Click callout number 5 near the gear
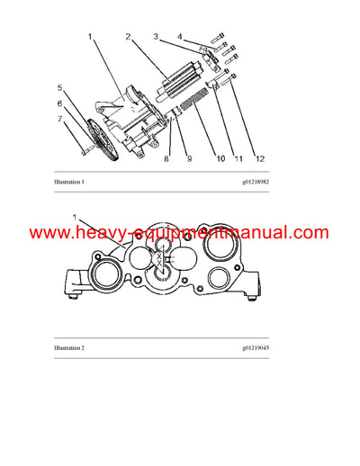[x=60, y=88]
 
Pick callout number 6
[x=60, y=103]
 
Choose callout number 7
[x=60, y=118]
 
